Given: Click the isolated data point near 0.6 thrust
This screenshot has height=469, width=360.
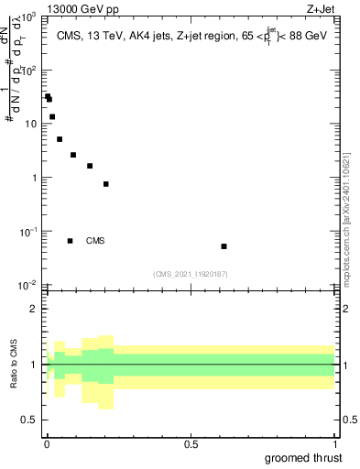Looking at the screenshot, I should point(224,246).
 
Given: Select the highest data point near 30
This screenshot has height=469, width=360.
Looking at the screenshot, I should point(48,96).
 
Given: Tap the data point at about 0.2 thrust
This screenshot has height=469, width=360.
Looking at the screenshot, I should point(106,184).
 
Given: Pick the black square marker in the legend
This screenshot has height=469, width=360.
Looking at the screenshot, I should point(70,241).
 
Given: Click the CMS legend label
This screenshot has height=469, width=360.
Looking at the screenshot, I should point(95,242).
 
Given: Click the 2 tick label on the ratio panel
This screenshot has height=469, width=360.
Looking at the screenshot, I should point(33,309).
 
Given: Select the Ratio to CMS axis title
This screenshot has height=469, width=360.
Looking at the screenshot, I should point(13,364).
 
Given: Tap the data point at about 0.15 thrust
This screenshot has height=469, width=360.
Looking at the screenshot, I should point(90,166).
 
